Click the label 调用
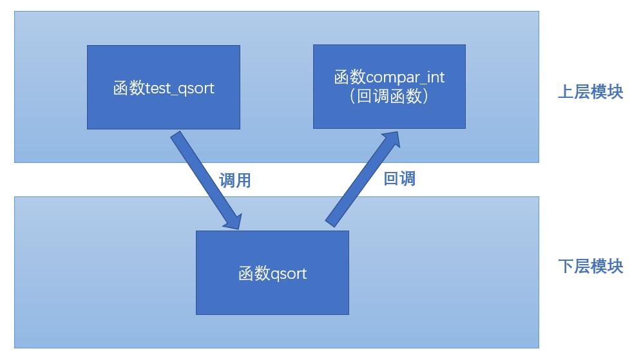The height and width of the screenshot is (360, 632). [235, 180]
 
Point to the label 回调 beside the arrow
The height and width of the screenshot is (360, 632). [399, 178]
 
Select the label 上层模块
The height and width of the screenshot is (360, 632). [590, 91]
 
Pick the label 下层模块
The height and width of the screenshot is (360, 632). [590, 266]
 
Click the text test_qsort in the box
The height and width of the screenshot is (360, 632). [180, 88]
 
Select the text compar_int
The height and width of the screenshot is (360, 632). [406, 78]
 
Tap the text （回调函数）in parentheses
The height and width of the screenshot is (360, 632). [389, 97]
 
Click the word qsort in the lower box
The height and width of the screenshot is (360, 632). [289, 274]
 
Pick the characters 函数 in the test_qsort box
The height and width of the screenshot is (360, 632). [129, 88]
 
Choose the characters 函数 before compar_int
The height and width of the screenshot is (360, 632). [350, 78]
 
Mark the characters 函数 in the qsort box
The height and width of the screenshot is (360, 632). [254, 274]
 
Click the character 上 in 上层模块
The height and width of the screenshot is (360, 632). [565, 91]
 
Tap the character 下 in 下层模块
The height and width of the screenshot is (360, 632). [565, 266]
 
